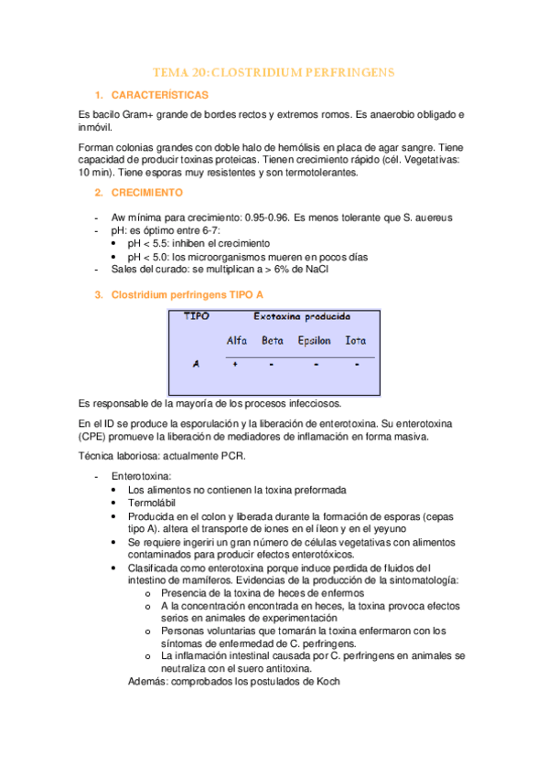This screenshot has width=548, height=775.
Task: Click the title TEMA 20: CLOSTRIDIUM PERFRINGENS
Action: (x=273, y=72)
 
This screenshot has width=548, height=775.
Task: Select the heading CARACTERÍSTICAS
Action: (x=160, y=95)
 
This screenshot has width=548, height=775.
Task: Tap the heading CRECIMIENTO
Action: (x=146, y=193)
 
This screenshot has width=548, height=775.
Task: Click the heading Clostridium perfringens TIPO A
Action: (x=187, y=295)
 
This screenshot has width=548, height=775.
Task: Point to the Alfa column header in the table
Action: (x=236, y=341)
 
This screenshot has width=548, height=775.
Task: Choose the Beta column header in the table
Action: (x=273, y=341)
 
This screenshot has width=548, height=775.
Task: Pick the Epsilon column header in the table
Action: (x=315, y=341)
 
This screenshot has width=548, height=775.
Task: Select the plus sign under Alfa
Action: (x=235, y=363)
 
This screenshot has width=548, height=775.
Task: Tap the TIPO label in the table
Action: (x=196, y=316)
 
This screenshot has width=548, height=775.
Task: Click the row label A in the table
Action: (x=196, y=363)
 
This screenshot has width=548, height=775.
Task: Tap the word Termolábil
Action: (x=152, y=503)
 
